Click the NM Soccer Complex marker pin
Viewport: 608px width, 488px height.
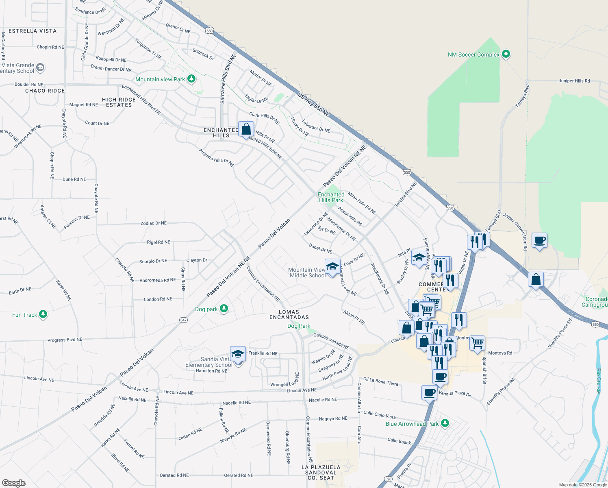pos(506,54)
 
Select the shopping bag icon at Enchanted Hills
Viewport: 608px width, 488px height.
pos(246,130)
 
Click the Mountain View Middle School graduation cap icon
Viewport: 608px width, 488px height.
pos(332,267)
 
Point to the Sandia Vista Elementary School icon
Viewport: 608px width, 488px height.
pos(238,354)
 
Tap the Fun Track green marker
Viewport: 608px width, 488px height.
pos(43,314)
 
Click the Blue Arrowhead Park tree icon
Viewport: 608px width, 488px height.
pos(445,423)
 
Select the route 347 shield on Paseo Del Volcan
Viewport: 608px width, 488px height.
pos(183,320)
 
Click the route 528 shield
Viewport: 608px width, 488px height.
pos(389,479)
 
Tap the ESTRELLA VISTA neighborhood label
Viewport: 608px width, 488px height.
pos(33,31)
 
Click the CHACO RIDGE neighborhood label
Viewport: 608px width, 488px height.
pos(45,91)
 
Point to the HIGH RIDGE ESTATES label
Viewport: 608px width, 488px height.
pos(119,102)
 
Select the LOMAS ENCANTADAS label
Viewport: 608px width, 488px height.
pos(289,314)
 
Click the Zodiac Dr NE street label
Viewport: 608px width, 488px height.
pos(153,223)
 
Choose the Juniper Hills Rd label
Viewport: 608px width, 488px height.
pos(574,81)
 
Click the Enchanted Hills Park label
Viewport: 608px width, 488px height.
pos(331,197)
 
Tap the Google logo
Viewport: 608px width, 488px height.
pos(14,483)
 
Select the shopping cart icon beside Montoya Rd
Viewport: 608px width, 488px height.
pos(477,342)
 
